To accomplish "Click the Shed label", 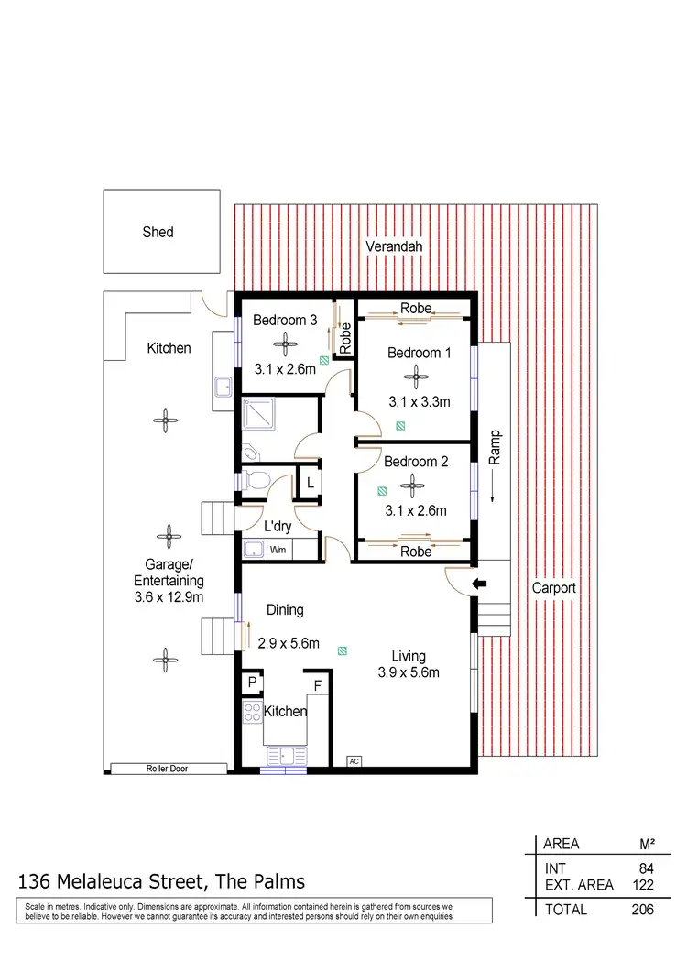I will [x=158, y=232].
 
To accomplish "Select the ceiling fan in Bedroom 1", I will [x=417, y=375].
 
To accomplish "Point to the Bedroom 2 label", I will [x=416, y=462].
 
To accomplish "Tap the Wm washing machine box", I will [x=278, y=550].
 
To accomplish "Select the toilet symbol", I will [x=256, y=478].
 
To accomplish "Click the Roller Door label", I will [x=167, y=769].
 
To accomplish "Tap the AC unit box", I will [x=353, y=760].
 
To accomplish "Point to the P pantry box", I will [x=251, y=683].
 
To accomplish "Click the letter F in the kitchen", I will [x=318, y=684].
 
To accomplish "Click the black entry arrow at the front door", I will [x=478, y=583].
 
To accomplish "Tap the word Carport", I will [x=555, y=588].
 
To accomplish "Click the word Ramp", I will [x=495, y=449].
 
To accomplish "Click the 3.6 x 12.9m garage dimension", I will [x=169, y=596].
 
